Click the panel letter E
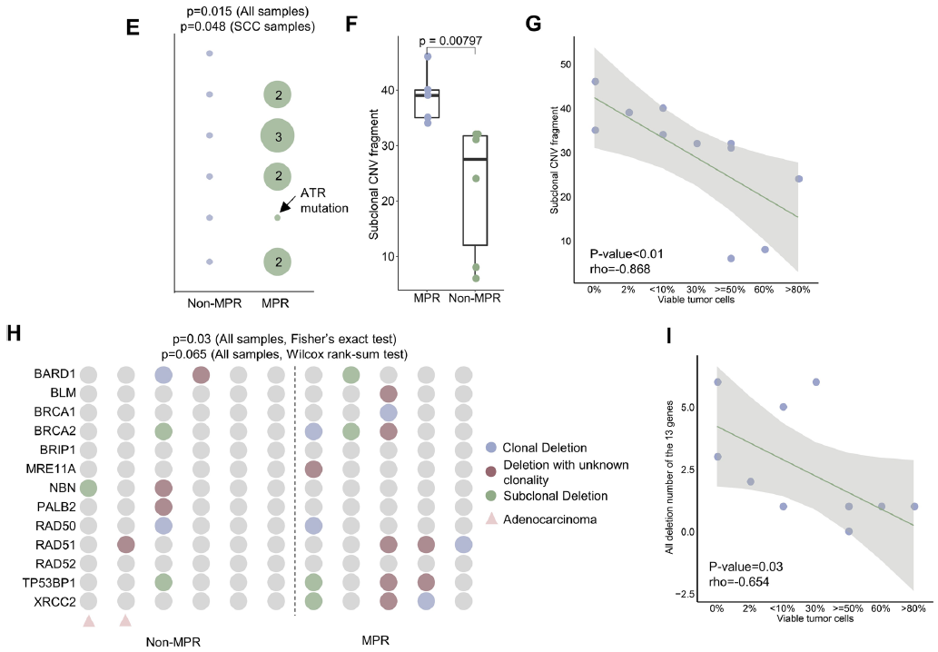tap(133, 27)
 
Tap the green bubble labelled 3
tap(277, 136)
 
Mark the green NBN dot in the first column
tap(88, 488)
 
